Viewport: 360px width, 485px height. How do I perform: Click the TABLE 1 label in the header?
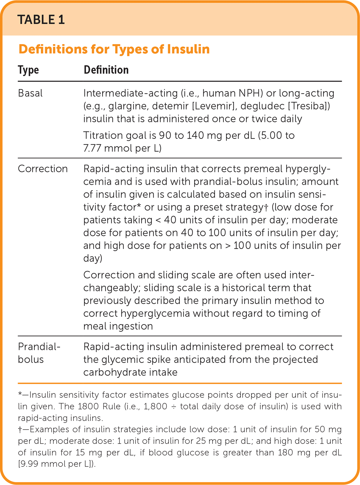tap(41, 20)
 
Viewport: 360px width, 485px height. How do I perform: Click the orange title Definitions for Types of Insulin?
tap(114, 49)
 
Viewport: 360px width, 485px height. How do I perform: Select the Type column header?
tap(28, 70)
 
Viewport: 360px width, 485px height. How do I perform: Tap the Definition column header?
tap(106, 70)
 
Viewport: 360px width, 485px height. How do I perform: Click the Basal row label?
tap(30, 93)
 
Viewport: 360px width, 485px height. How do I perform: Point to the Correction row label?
tap(43, 169)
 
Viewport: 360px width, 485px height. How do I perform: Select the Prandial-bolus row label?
tap(39, 353)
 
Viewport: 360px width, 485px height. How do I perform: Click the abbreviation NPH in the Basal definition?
tap(251, 93)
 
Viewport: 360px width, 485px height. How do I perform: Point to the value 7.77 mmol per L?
tap(122, 148)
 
